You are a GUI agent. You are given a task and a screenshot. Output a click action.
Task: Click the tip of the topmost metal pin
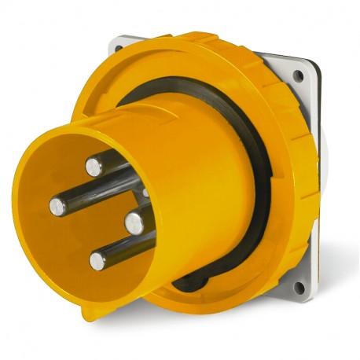tap(94, 165)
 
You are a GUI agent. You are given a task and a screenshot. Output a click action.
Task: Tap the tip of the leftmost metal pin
tap(57, 206)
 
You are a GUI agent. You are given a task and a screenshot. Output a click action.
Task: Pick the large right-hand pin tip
tap(134, 222)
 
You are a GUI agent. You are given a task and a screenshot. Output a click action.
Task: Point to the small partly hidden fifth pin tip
tap(145, 193)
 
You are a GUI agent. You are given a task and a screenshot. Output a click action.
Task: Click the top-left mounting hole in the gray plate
tap(119, 49)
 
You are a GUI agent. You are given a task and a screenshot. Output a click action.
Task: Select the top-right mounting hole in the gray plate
tap(299, 76)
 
